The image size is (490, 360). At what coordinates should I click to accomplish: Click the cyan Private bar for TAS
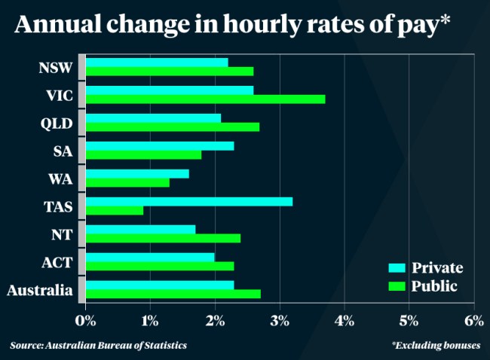[188, 201]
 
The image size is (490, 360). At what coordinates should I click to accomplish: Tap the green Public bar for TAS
[114, 210]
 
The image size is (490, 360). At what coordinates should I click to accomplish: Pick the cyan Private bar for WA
[137, 173]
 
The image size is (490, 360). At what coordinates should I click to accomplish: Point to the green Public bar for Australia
[173, 294]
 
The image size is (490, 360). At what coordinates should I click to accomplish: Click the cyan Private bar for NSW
[156, 62]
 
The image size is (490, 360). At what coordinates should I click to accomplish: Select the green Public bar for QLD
[172, 127]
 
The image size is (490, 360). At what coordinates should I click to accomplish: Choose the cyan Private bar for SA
[159, 145]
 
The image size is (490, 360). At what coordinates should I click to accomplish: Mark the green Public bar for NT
[163, 238]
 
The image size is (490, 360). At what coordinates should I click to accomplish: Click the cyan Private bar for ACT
[150, 257]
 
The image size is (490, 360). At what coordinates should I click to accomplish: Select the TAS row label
[57, 206]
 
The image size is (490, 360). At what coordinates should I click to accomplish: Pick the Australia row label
[39, 290]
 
